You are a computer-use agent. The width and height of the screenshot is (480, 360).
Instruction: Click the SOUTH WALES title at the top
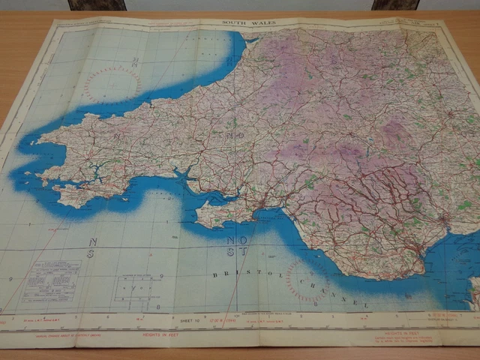(x=249, y=22)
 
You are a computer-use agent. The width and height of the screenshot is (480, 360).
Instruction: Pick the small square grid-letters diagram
(x=138, y=286)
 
